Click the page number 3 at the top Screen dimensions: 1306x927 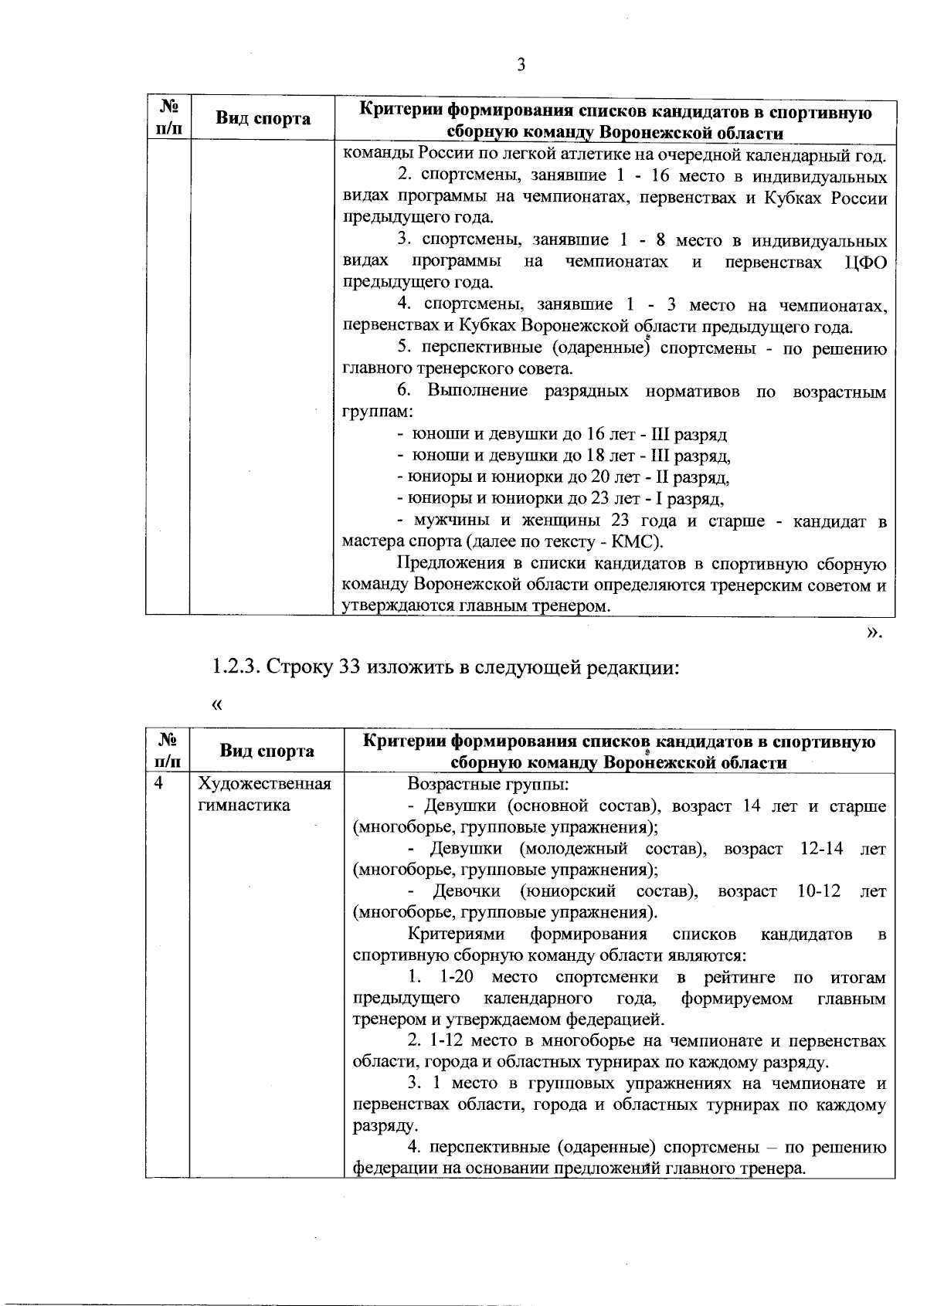(x=521, y=65)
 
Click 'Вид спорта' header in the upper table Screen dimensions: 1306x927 (x=263, y=119)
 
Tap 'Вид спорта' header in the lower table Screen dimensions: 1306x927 (x=267, y=751)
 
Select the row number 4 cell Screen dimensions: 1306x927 (x=159, y=784)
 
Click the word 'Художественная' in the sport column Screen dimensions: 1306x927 (x=265, y=784)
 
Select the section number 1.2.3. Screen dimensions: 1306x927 (x=237, y=667)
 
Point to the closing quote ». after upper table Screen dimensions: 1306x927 (x=874, y=633)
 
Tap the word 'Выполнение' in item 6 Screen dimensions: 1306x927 (x=477, y=392)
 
